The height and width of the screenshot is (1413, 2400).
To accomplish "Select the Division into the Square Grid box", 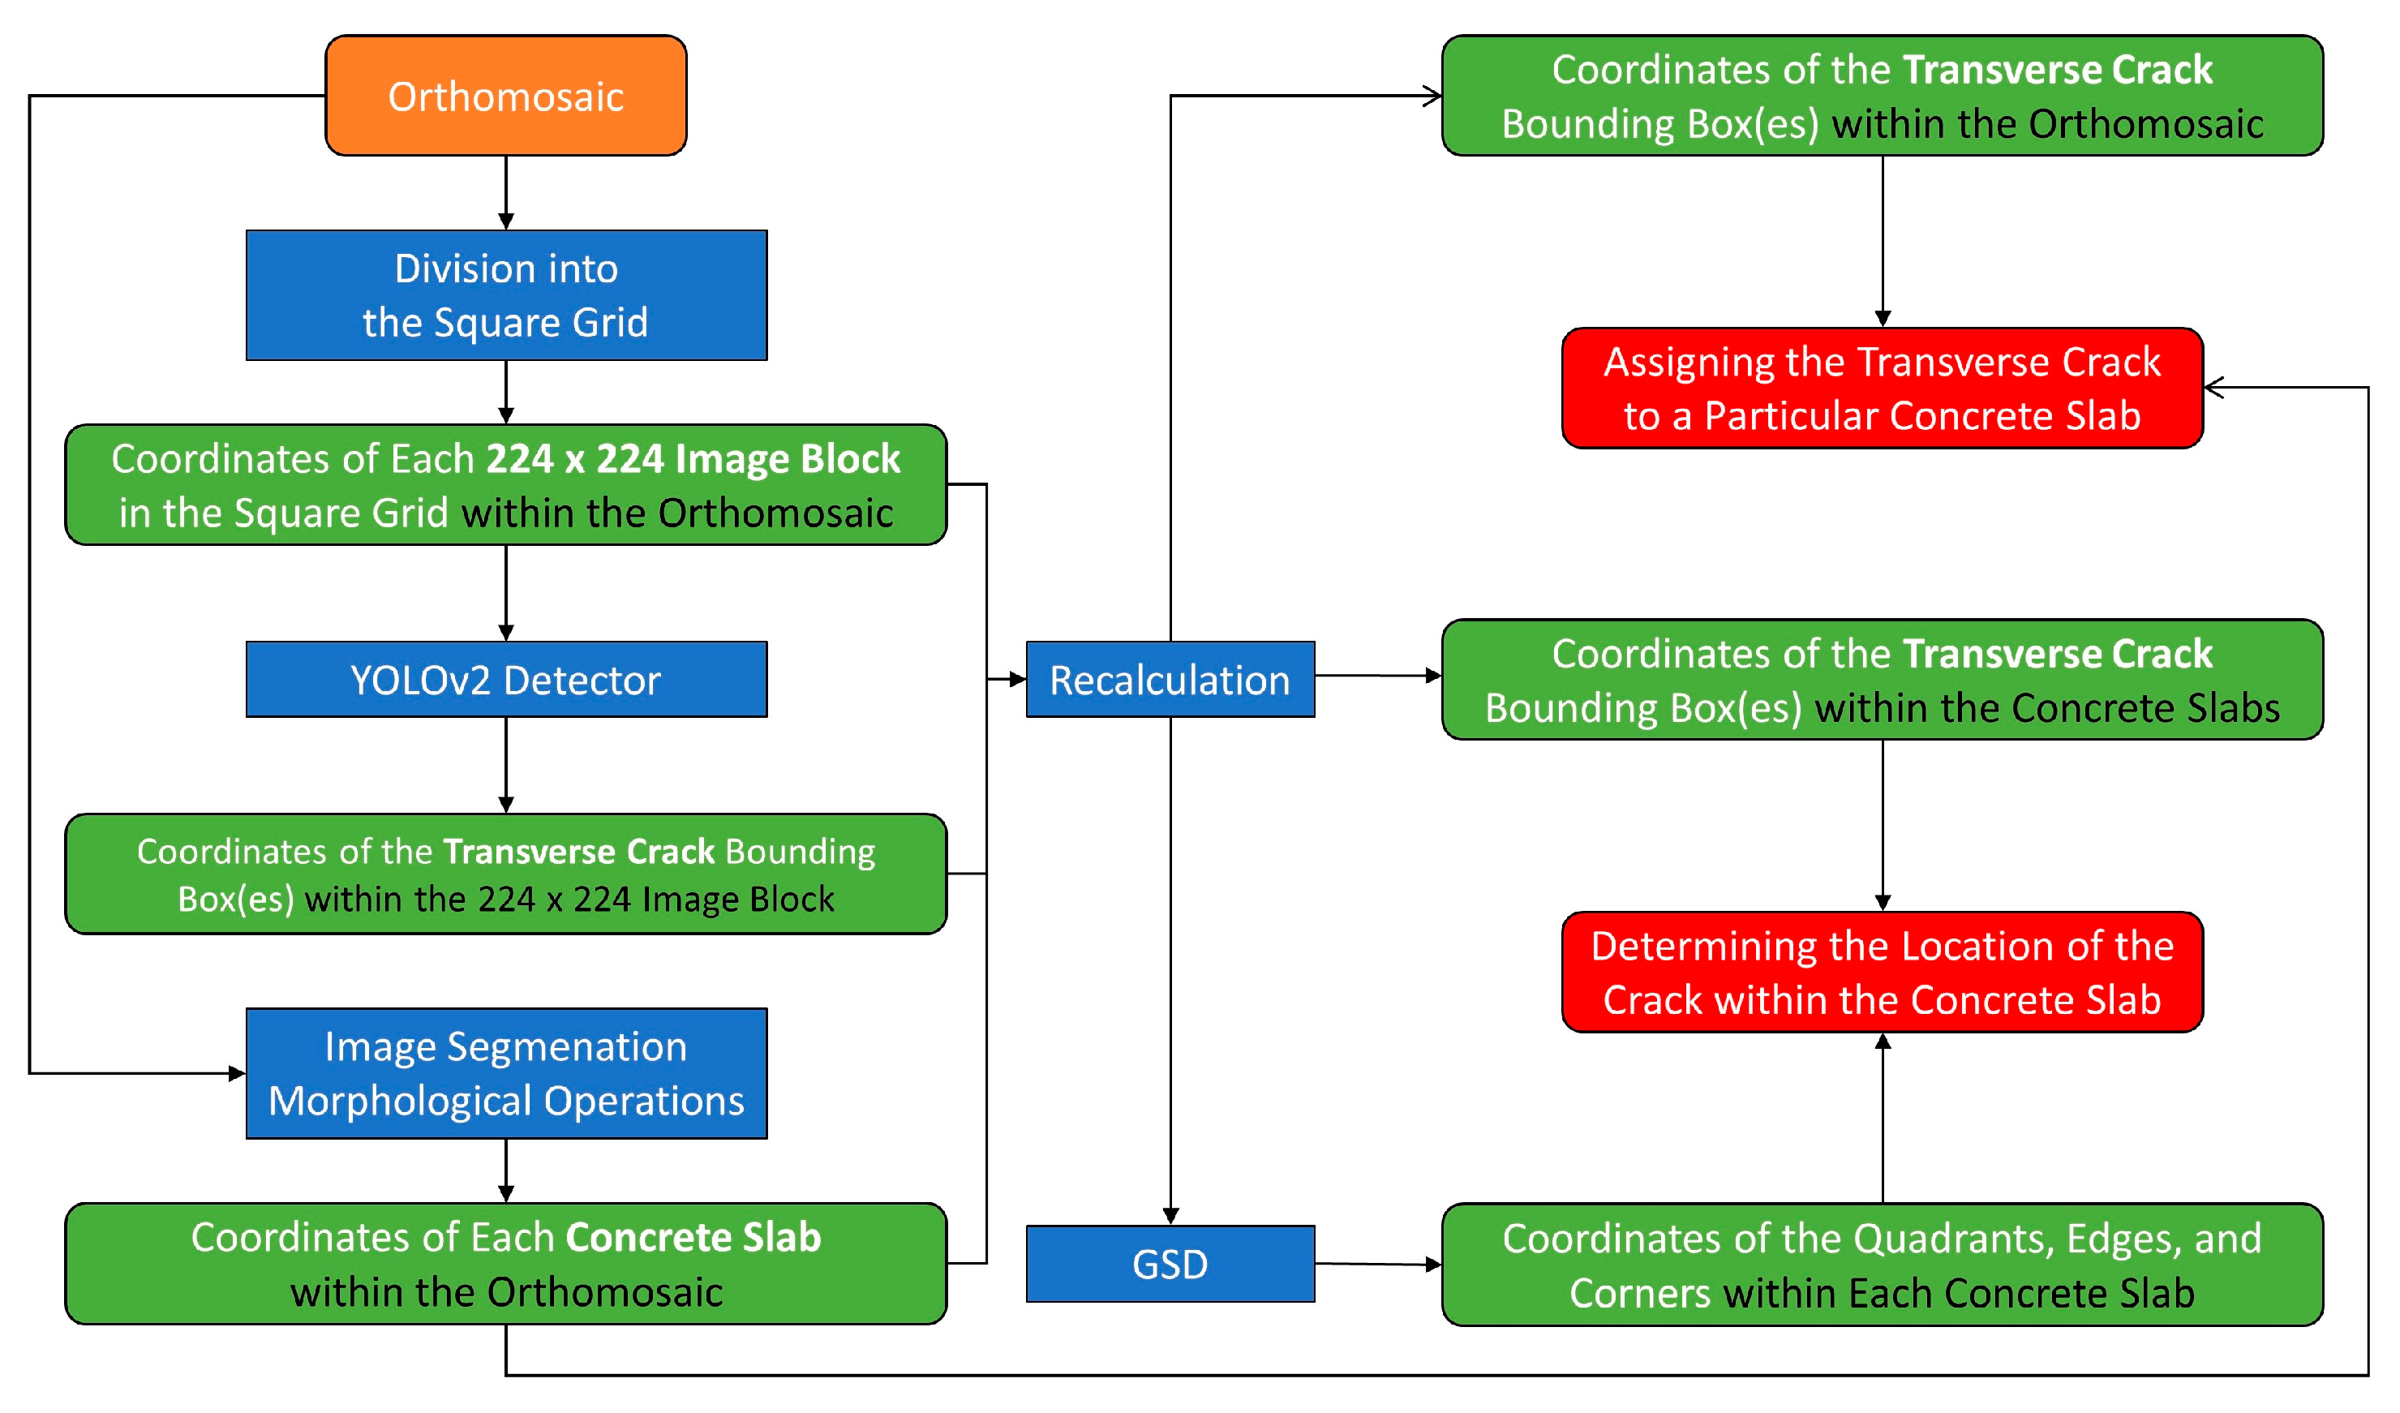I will pos(506,295).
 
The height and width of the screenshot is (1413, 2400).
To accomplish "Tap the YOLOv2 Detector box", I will pos(506,679).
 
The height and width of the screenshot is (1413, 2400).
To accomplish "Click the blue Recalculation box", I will pos(1170,679).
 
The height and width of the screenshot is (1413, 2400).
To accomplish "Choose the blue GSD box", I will pos(1170,1264).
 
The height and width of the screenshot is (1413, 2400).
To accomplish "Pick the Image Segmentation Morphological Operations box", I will pos(506,1073).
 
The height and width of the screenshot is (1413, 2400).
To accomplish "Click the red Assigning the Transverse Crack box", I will pos(1882,388).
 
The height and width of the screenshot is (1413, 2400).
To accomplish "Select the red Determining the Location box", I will pos(1882,973).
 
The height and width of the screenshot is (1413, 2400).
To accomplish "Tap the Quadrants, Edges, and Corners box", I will pos(1882,1265).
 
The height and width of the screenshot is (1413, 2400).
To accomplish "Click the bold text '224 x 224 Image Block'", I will pos(693,459).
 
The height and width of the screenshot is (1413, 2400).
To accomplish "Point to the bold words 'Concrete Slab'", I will pos(693,1237).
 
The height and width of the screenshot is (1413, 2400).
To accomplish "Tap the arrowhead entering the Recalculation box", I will pos(1017,679).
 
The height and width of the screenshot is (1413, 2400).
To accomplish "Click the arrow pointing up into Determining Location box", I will pos(1882,1119).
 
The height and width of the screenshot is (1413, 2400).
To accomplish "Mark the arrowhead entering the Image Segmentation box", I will pos(237,1073).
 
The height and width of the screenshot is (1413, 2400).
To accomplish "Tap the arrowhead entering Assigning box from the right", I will pos(2214,388).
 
